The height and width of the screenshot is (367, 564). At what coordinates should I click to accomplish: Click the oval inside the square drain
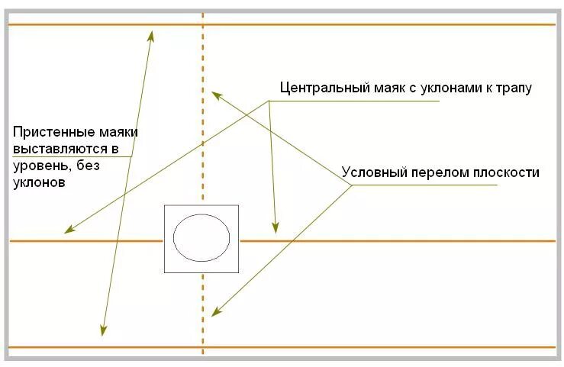pos(201,237)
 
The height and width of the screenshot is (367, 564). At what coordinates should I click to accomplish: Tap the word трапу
pos(513,87)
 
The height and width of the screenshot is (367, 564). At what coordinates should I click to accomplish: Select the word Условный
pos(372,172)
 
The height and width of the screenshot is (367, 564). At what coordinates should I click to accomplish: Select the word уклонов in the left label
pos(38,182)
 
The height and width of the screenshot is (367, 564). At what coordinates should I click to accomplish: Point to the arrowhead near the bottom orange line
pos(102,330)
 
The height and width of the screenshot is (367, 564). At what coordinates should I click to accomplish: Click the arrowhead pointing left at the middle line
pos(68,230)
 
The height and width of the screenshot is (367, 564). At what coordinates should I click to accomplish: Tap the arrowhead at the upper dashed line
pos(215,95)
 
